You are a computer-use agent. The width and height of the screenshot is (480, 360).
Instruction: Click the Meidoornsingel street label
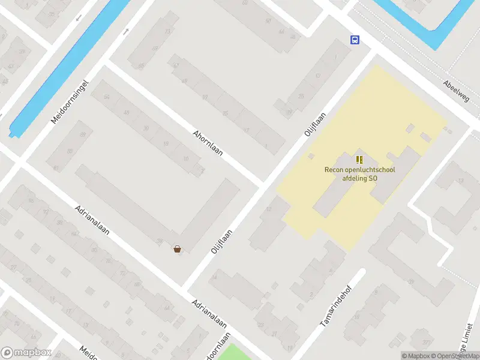70,101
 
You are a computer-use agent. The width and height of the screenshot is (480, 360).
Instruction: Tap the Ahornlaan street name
208,143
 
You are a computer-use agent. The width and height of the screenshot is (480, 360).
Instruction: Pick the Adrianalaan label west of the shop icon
92,220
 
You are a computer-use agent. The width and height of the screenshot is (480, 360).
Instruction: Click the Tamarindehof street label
334,310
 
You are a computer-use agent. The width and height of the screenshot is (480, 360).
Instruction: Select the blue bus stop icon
355,40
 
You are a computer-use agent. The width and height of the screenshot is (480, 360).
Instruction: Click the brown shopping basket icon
177,249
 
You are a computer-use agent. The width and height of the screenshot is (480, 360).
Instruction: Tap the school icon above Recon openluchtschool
359,160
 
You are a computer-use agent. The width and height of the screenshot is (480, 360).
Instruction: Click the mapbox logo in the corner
25,353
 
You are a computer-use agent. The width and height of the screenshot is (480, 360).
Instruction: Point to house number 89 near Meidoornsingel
83,134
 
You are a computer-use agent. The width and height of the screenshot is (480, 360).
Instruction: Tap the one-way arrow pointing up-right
126,31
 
